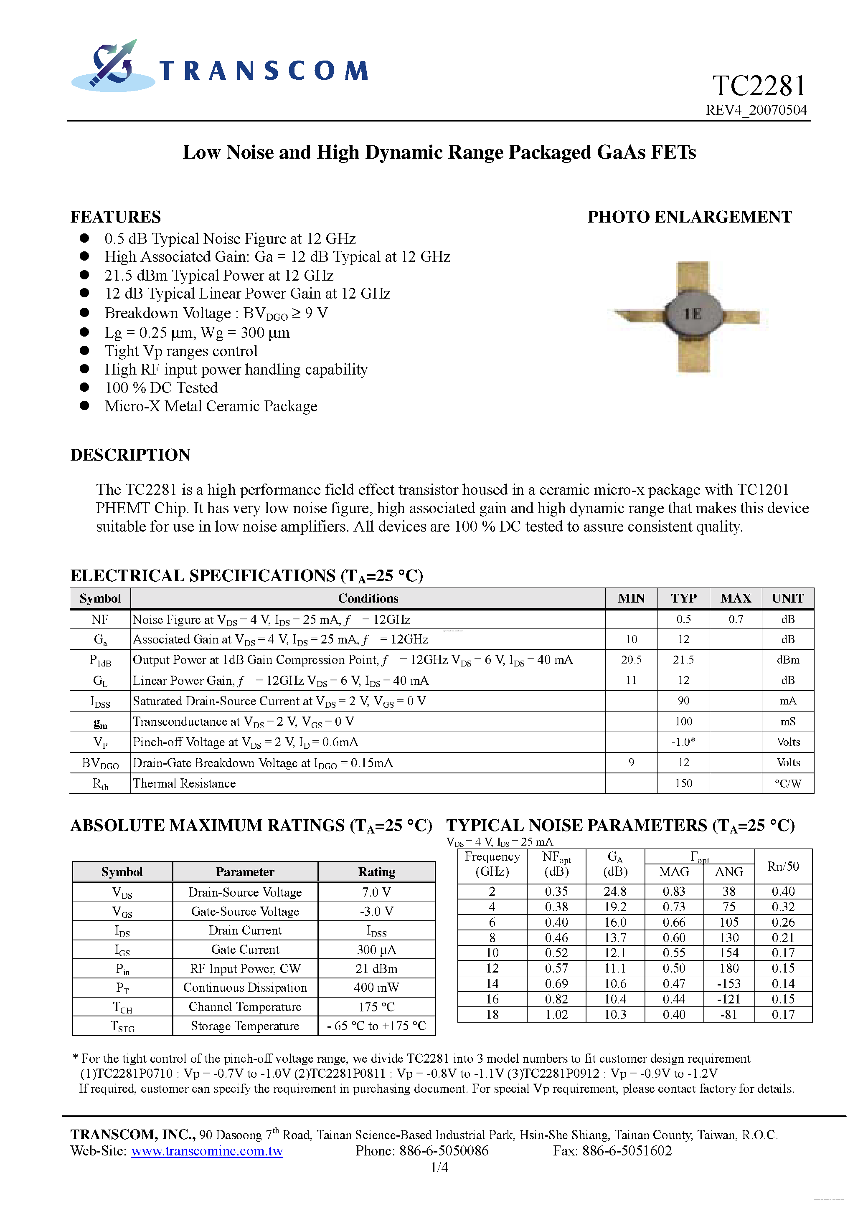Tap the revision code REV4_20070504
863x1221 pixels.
(756, 110)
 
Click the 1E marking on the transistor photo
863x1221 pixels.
(693, 314)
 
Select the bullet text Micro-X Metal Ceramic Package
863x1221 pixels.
(211, 406)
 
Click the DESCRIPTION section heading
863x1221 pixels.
(130, 455)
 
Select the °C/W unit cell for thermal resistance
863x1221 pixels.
(787, 783)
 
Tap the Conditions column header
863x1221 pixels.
(368, 598)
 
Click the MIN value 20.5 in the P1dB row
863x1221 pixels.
(631, 660)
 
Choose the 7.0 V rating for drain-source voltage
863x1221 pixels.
(376, 892)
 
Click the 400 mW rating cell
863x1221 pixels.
(376, 988)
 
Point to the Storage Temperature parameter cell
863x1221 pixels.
(245, 1026)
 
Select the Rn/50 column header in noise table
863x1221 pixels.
(783, 866)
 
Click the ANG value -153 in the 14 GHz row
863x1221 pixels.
(728, 984)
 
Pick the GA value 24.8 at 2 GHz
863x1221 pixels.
(615, 891)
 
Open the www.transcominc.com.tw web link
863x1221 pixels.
(207, 1151)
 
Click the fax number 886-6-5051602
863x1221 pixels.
(627, 1151)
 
